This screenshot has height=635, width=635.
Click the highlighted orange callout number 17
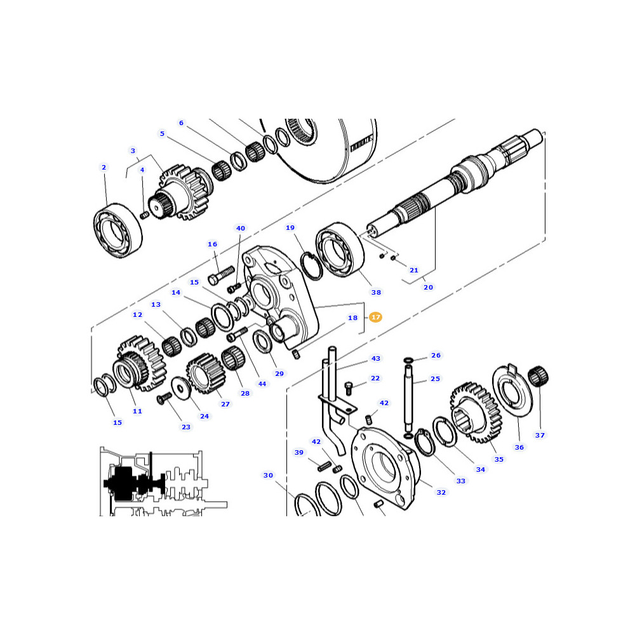point(375,317)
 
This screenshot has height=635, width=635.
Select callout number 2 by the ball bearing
point(104,167)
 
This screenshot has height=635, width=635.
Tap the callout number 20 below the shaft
point(428,287)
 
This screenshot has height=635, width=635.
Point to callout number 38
point(376,292)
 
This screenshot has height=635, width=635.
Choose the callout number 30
point(268,475)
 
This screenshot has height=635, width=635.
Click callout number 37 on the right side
point(540,435)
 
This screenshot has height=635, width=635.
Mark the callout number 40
point(241,228)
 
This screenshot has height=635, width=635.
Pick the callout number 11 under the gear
point(137,411)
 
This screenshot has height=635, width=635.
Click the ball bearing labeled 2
point(118,231)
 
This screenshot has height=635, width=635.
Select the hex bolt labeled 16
point(221,276)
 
